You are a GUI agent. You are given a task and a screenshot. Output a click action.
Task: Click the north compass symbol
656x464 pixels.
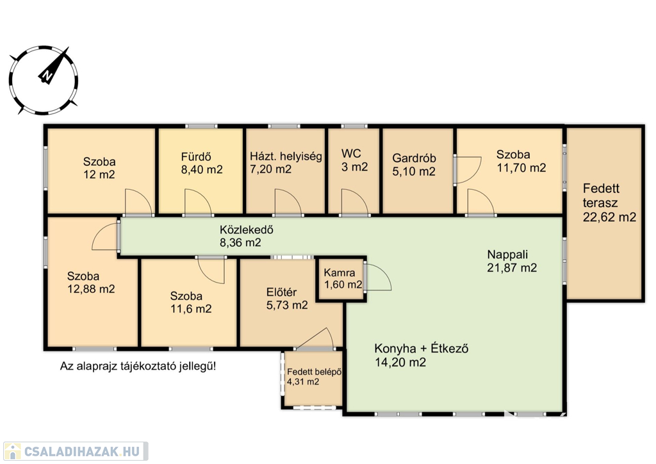click(x=44, y=80)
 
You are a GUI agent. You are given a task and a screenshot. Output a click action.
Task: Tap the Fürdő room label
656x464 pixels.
click(x=196, y=157)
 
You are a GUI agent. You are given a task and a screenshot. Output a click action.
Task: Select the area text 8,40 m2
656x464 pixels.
click(x=202, y=169)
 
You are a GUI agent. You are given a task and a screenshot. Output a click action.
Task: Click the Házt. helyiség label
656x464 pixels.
click(x=286, y=156)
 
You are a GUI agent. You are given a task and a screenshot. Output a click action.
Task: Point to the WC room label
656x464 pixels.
click(x=351, y=153)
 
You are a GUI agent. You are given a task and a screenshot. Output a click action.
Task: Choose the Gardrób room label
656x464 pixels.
click(x=414, y=158)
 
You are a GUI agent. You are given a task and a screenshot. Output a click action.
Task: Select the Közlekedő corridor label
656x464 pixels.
click(x=247, y=229)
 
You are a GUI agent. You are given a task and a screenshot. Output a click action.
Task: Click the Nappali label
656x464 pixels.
click(x=507, y=254)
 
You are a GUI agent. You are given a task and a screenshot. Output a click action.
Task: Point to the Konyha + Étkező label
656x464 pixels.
click(x=422, y=349)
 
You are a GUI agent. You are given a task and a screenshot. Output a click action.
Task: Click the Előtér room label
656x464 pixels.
click(x=282, y=292)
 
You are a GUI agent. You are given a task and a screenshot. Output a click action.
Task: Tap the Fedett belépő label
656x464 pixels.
click(x=314, y=372)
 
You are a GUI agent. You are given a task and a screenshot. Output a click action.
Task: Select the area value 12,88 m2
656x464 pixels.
click(x=91, y=289)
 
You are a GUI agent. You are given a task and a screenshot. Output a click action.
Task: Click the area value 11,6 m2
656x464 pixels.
click(x=191, y=309)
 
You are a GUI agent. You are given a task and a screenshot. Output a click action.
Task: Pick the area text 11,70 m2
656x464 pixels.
click(x=521, y=168)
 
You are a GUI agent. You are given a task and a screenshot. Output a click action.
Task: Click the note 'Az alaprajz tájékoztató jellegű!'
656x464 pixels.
click(x=138, y=367)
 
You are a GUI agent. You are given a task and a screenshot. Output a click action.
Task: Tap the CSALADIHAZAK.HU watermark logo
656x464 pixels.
click(x=76, y=451)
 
